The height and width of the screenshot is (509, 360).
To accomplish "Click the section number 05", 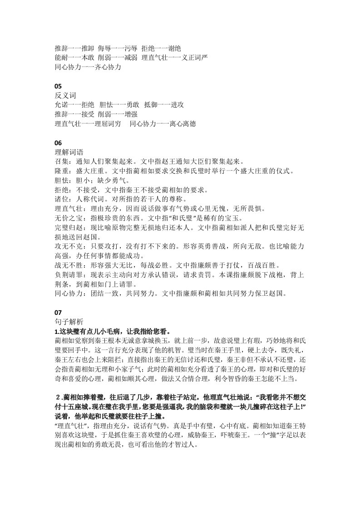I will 58,86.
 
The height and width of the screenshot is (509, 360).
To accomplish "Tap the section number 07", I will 58,312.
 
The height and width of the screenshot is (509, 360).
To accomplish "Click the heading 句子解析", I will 67,321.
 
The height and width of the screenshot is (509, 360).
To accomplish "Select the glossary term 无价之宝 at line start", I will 67,218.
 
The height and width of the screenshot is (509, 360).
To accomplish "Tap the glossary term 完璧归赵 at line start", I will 67,227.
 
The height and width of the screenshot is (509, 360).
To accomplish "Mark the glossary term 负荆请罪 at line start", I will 67,274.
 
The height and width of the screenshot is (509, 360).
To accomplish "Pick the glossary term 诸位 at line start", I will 61,199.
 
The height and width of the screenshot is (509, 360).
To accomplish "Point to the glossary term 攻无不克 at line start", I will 67,246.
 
